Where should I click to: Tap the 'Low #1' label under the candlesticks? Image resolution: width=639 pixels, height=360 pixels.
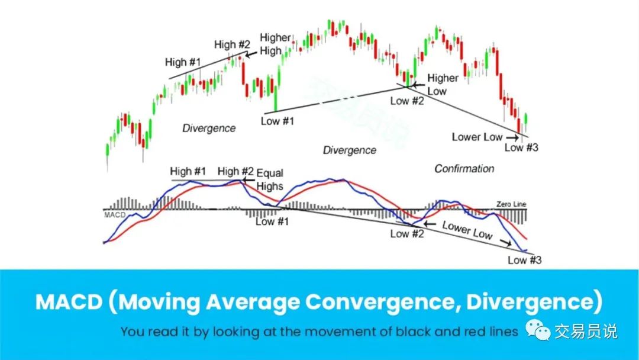coord(277,121)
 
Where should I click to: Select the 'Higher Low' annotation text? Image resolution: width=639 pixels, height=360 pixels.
coord(443,85)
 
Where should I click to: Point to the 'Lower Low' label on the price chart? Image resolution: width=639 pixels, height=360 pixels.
coord(477,137)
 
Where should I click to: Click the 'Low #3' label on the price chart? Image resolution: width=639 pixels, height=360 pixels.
coord(521,147)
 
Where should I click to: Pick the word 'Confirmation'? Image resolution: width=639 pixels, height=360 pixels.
coord(464,169)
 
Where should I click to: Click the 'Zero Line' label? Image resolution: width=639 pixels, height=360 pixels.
coord(511,204)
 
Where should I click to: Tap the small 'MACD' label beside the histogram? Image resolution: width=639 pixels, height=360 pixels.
coord(115,215)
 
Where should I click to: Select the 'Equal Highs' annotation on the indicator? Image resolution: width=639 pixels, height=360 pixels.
coord(270,180)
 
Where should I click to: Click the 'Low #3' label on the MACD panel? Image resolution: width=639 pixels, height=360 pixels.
coord(524,260)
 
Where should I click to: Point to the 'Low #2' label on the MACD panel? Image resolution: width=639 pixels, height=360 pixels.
coord(406,234)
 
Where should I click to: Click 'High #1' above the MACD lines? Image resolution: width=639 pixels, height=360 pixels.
coord(188,171)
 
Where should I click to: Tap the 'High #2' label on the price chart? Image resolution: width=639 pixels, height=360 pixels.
coord(233,44)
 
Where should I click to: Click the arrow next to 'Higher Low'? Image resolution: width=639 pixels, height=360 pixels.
coord(418,85)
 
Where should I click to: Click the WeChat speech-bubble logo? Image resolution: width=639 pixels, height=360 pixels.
coord(537,329)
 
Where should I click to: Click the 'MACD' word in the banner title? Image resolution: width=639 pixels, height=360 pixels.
coord(69,302)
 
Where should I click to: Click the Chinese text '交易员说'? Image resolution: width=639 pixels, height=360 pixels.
coord(586,332)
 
